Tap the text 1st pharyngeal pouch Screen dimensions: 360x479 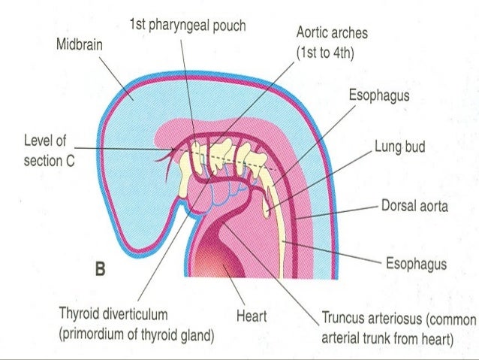click(187, 26)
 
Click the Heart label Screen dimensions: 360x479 click(252, 317)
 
